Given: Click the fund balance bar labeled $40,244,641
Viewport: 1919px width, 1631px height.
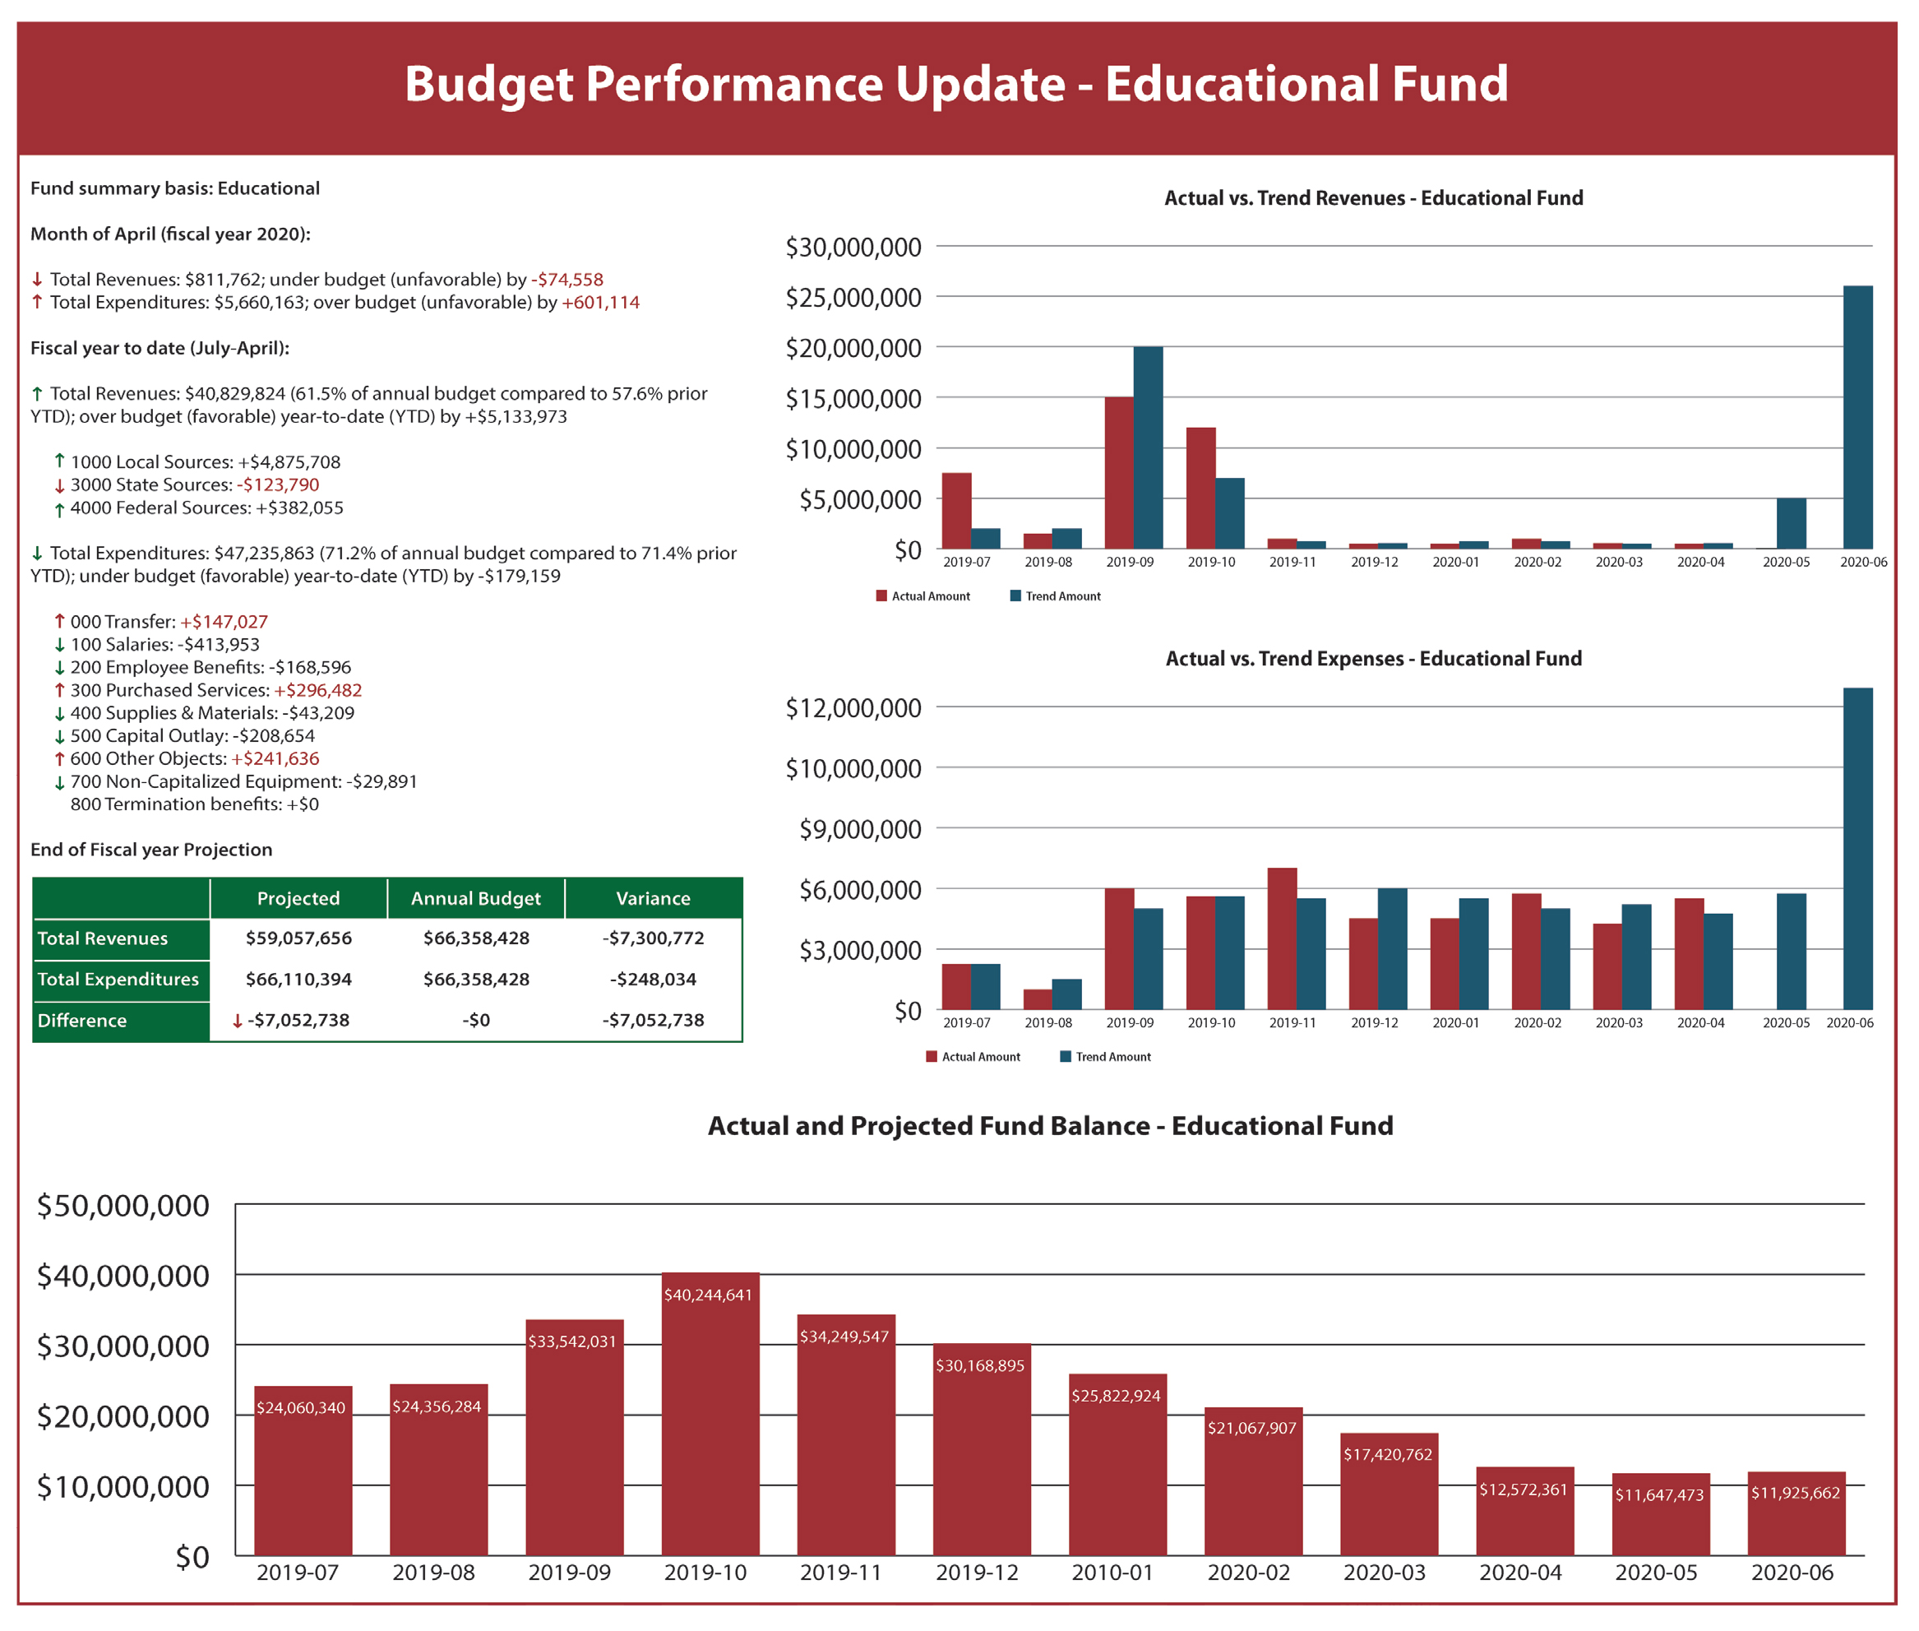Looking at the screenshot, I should [x=710, y=1415].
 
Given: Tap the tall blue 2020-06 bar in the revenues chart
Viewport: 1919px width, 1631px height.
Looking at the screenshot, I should [x=1857, y=417].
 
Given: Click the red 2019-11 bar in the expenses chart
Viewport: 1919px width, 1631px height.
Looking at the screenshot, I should [x=1281, y=938].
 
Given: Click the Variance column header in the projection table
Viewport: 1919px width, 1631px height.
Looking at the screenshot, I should [x=653, y=898].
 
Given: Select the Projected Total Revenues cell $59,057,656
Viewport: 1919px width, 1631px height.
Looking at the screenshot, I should [x=298, y=938].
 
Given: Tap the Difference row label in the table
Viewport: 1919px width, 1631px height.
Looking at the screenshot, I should [x=82, y=1020].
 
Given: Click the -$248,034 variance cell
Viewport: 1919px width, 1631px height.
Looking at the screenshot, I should [x=653, y=978].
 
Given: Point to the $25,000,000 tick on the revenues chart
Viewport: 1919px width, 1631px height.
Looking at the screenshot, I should [x=853, y=298].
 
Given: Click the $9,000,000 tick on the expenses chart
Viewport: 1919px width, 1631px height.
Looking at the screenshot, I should [x=860, y=829].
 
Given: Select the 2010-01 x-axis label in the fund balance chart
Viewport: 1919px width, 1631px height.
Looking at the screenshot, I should [x=1112, y=1573].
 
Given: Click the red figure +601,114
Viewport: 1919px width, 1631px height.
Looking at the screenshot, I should [x=600, y=303].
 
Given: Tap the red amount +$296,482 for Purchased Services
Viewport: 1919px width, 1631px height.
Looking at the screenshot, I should [x=318, y=690].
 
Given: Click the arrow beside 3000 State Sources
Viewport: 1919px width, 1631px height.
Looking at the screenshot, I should [x=59, y=485].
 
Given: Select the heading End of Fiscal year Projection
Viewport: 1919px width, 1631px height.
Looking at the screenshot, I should [x=151, y=850].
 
